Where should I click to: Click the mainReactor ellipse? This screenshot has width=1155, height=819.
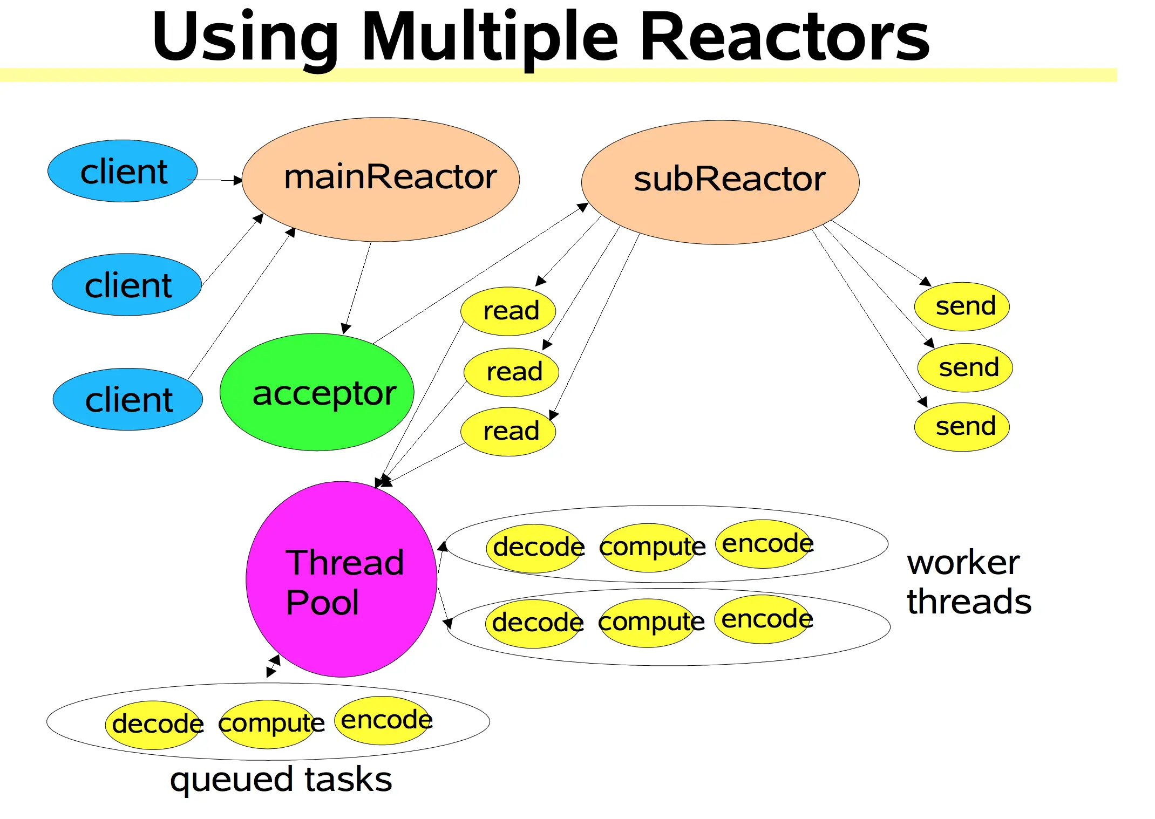pyautogui.click(x=381, y=180)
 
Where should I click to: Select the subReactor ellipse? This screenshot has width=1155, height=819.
pyautogui.click(x=720, y=182)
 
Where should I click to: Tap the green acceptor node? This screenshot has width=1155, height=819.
pyautogui.click(x=317, y=392)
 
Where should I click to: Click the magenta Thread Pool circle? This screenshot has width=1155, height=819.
pyautogui.click(x=341, y=579)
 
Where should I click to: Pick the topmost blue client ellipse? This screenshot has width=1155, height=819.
pyautogui.click(x=123, y=171)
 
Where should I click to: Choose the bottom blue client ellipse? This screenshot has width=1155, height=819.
pyautogui.click(x=128, y=399)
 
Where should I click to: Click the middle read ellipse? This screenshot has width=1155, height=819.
pyautogui.click(x=511, y=372)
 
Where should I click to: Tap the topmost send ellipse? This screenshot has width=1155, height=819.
pyautogui.click(x=962, y=306)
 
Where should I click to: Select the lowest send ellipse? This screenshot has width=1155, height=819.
pyautogui.click(x=962, y=427)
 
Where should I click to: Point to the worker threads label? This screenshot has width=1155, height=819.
pyautogui.click(x=968, y=582)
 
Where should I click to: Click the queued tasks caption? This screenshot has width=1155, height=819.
pyautogui.click(x=281, y=780)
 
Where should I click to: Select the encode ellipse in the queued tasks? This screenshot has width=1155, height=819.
pyautogui.click(x=384, y=720)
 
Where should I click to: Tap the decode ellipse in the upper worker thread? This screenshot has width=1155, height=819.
pyautogui.click(x=536, y=548)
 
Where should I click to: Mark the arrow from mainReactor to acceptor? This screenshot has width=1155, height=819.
pyautogui.click(x=357, y=288)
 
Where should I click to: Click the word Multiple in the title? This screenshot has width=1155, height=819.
pyautogui.click(x=490, y=38)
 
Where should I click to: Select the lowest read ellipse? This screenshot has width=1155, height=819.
pyautogui.click(x=508, y=432)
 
